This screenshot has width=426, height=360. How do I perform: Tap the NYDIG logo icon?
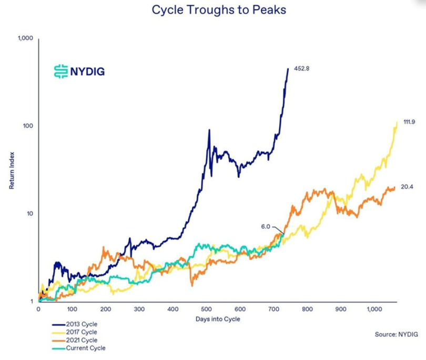pos(61,71)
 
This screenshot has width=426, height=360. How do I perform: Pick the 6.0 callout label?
pos(265,226)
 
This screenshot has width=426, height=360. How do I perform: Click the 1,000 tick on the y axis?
pos(26,38)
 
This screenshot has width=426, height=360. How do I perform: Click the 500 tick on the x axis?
pos(206,309)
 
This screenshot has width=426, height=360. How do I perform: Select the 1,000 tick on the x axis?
pos(375,309)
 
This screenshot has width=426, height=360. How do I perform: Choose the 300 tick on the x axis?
pos(139,309)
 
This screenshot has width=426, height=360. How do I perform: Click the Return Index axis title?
pos(12,170)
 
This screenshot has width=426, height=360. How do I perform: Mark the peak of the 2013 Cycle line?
pos(288,68)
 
